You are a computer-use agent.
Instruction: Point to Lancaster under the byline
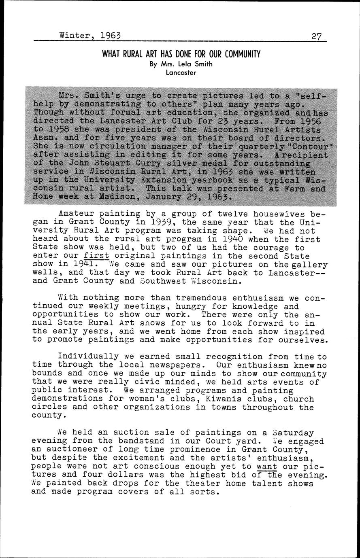pos(181,73)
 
